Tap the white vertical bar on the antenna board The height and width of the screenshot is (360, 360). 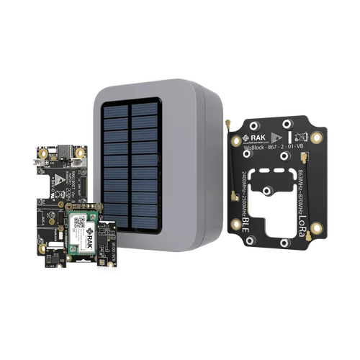click(288, 136)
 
